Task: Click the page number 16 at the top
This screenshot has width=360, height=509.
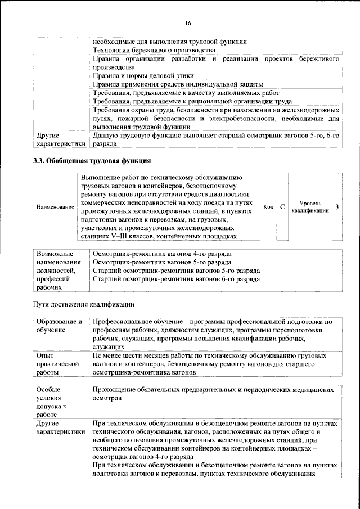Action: click(x=188, y=22)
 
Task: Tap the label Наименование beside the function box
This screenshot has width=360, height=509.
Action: click(x=56, y=208)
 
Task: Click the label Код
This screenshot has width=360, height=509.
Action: click(x=268, y=207)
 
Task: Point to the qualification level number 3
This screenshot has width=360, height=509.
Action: click(x=336, y=207)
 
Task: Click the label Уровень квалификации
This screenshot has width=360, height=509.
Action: click(x=310, y=207)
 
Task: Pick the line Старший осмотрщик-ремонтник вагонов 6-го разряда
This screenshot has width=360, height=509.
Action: click(x=176, y=278)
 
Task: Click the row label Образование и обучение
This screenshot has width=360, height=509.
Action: click(x=58, y=326)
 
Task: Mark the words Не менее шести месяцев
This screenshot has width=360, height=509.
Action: click(x=125, y=355)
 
